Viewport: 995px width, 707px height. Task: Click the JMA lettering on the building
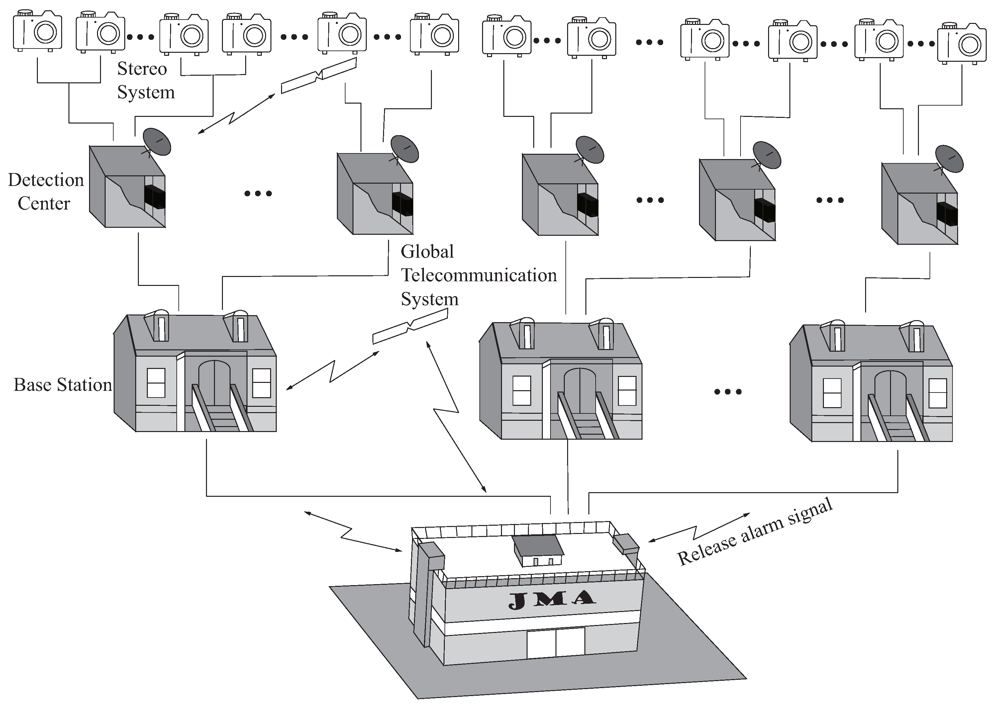pos(552,600)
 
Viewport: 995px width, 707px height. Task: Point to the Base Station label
pos(63,385)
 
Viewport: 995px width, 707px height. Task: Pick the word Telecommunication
pos(478,275)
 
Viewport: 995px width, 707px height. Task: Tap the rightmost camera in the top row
pos(961,42)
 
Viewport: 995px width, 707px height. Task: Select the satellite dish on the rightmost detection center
pos(949,159)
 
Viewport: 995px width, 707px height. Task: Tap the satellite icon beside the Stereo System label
pos(319,76)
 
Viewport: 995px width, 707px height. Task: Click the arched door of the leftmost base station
pos(214,383)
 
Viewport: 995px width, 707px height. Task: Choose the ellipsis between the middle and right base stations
pos(728,392)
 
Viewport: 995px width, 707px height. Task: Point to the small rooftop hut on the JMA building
pos(537,550)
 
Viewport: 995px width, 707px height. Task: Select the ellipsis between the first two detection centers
pos(258,193)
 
